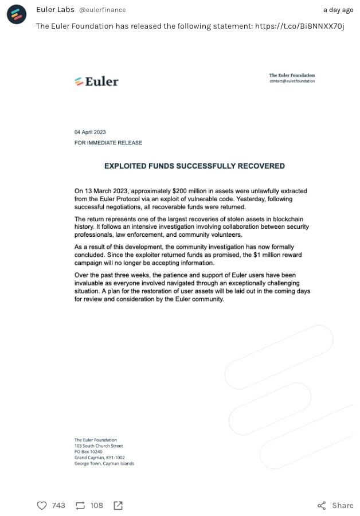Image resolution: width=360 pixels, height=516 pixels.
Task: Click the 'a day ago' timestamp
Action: point(338,10)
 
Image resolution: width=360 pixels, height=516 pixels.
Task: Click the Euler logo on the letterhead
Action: point(96,81)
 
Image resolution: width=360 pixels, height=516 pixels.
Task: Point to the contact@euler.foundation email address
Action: point(292,81)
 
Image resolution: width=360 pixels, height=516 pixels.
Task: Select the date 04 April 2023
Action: point(90,132)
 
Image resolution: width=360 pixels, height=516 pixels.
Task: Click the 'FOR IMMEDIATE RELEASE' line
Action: point(108,143)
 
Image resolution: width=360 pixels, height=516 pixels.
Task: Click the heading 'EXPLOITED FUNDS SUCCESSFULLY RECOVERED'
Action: point(194,166)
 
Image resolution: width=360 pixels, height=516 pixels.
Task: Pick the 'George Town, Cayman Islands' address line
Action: point(104,464)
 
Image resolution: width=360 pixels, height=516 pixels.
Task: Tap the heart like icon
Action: point(41,505)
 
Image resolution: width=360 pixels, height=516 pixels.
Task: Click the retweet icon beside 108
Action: point(80,505)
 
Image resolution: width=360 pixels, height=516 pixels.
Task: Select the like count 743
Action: point(58,505)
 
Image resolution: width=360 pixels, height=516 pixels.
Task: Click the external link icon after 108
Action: point(118,505)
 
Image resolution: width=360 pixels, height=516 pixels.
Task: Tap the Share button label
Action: point(342,505)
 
